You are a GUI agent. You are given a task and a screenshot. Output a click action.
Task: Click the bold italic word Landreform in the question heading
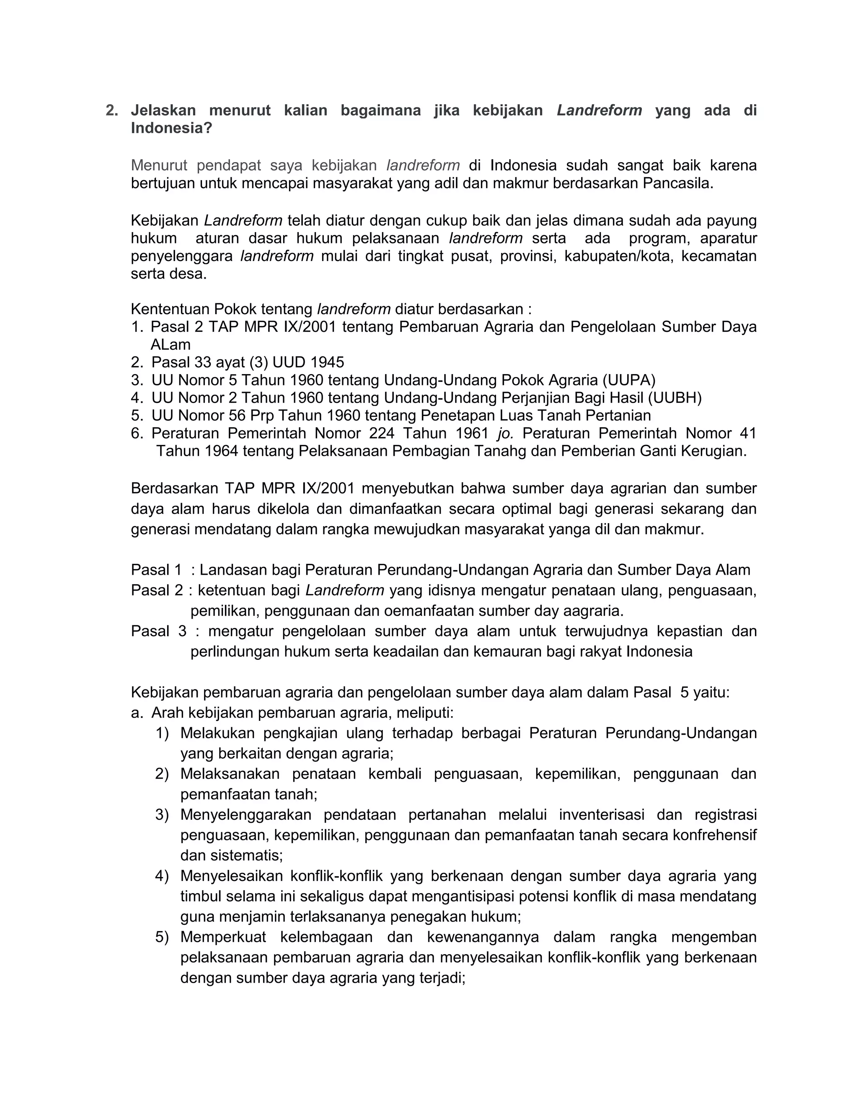click(x=599, y=110)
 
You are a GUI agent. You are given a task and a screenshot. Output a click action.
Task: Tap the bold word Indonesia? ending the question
click(x=171, y=128)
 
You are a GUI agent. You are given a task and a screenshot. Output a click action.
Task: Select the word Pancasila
click(x=678, y=183)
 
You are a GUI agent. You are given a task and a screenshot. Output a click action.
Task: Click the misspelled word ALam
click(x=170, y=345)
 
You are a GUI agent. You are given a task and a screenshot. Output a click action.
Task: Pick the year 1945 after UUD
click(x=327, y=362)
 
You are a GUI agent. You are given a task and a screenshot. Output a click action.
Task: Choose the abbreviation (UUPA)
click(x=629, y=380)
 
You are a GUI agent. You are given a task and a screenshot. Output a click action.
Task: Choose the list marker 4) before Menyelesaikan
click(x=162, y=876)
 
